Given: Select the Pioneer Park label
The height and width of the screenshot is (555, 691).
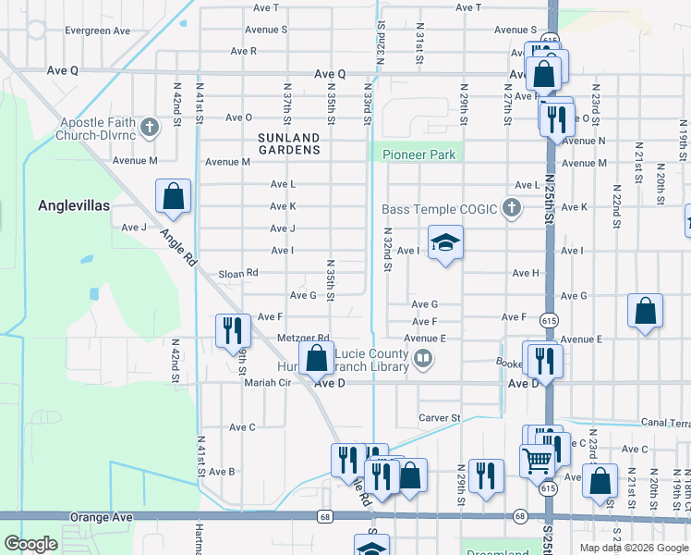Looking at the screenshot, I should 418,154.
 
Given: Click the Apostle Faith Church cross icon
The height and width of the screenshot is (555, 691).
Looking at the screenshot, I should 149,123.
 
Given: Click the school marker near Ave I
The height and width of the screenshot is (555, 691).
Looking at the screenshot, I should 445,243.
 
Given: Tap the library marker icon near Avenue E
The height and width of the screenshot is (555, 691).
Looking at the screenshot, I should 423,357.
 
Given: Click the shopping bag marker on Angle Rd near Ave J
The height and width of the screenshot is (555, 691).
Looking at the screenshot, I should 173,197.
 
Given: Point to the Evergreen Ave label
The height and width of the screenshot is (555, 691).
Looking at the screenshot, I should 97,31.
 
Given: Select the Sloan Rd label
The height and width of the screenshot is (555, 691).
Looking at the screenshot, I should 237,274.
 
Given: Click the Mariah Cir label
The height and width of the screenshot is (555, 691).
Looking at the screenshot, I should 267,382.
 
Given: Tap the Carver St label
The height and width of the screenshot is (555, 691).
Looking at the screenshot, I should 440,418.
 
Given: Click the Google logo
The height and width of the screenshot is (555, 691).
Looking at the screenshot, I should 30,544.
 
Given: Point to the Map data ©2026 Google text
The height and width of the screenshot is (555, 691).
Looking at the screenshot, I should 633,548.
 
